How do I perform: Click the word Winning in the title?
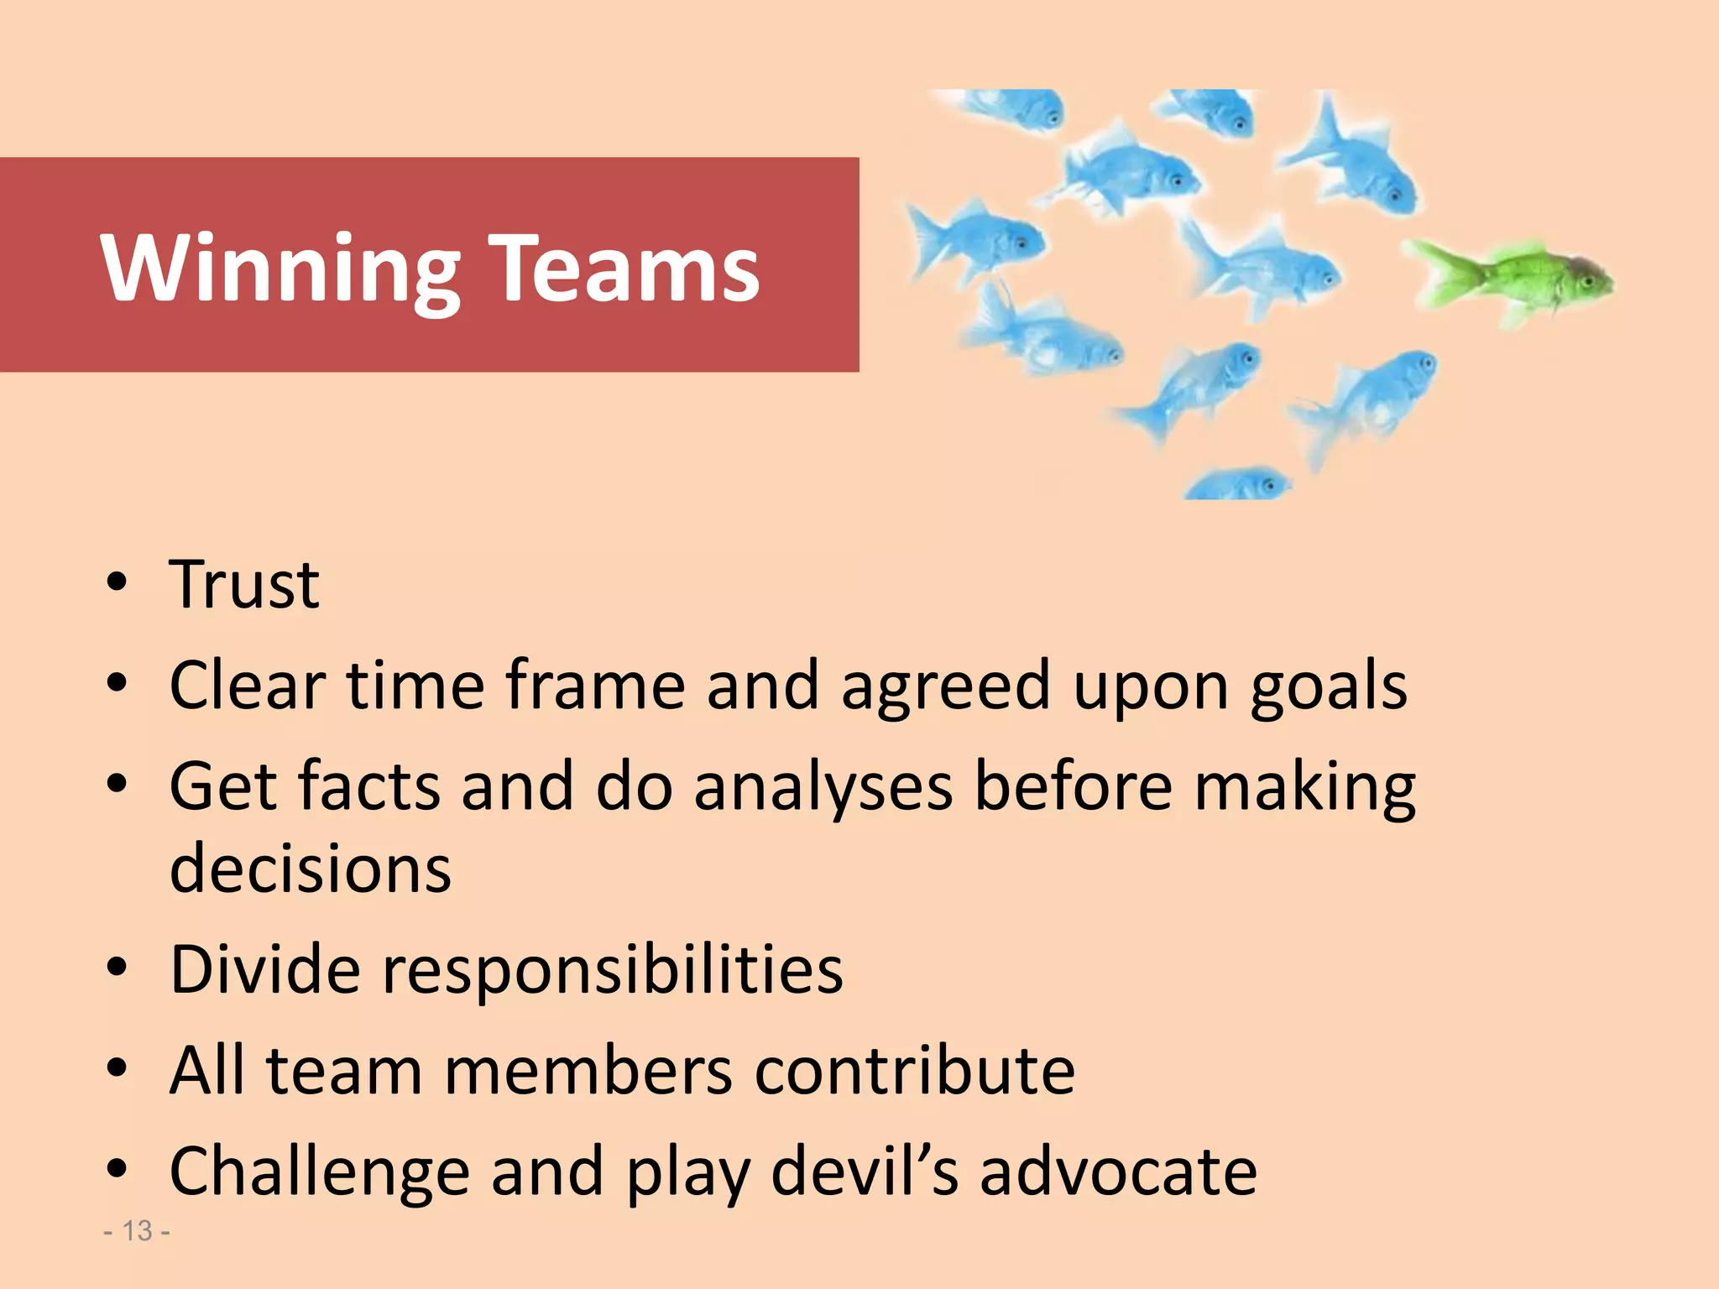[x=280, y=269]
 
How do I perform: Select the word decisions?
[x=311, y=868]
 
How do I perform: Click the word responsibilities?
[x=613, y=972]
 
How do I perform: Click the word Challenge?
[x=319, y=1173]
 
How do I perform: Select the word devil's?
[x=864, y=1172]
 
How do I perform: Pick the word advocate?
[x=1118, y=1172]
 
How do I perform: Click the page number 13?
[x=137, y=1231]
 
